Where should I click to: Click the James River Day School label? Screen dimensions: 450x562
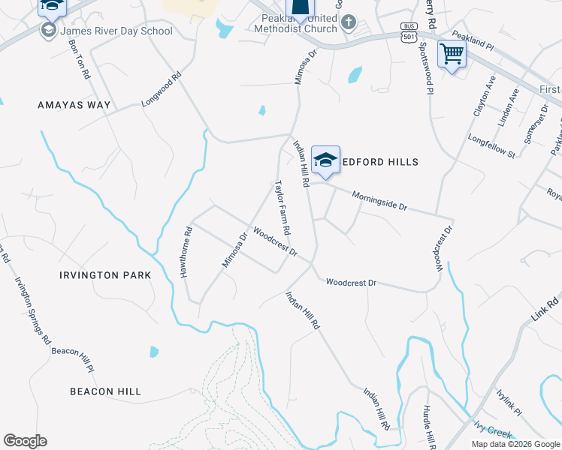(x=116, y=31)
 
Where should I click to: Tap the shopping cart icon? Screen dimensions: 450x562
(x=452, y=54)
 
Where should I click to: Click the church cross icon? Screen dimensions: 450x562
(x=348, y=22)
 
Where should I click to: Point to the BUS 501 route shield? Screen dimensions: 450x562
(x=409, y=32)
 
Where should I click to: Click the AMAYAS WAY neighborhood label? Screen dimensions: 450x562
(x=74, y=106)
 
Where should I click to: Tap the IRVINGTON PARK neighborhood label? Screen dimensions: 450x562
(x=105, y=275)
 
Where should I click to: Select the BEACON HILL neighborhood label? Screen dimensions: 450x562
(x=105, y=391)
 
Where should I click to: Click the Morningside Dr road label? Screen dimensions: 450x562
(x=379, y=200)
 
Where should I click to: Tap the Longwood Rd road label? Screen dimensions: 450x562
(x=162, y=88)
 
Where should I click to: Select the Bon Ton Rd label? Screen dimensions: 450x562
(x=79, y=59)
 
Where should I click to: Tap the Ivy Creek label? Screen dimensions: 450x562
(x=492, y=428)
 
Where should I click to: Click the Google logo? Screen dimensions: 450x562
(x=25, y=441)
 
